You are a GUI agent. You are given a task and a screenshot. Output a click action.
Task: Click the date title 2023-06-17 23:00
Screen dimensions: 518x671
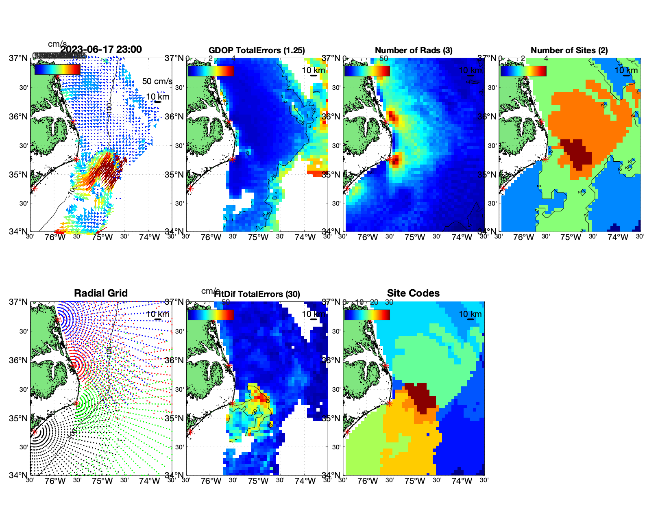101,50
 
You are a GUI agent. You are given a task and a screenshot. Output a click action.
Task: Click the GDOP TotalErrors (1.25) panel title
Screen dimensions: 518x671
257,50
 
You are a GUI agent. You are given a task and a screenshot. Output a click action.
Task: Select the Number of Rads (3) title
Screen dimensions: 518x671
413,50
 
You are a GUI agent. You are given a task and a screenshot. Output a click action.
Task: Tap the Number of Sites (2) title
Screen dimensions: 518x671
569,50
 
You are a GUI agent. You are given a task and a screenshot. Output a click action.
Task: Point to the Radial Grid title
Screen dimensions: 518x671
101,293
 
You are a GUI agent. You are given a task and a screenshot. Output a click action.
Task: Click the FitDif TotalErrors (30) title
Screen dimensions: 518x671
257,294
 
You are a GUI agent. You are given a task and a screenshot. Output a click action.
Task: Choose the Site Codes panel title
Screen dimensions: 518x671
413,293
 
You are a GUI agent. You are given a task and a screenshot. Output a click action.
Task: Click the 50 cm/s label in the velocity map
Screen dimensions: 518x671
157,81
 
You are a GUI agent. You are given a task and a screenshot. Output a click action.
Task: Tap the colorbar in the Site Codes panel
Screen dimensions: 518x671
367,315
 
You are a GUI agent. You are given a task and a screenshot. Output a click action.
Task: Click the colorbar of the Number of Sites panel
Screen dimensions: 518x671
523,71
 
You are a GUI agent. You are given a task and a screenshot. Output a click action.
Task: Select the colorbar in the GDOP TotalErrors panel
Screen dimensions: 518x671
211,71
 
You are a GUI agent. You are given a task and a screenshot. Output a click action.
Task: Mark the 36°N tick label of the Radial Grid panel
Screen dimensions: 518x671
19,360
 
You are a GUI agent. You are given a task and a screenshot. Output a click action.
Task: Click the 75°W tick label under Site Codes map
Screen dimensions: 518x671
415,481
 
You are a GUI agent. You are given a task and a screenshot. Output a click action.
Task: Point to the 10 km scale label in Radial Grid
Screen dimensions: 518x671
157,314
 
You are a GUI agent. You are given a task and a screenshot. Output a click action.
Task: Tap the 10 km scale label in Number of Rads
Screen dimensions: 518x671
470,70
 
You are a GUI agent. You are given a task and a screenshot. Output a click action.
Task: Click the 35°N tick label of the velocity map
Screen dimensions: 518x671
19,175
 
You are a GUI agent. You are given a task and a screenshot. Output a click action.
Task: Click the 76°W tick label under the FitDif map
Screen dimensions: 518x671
211,481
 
